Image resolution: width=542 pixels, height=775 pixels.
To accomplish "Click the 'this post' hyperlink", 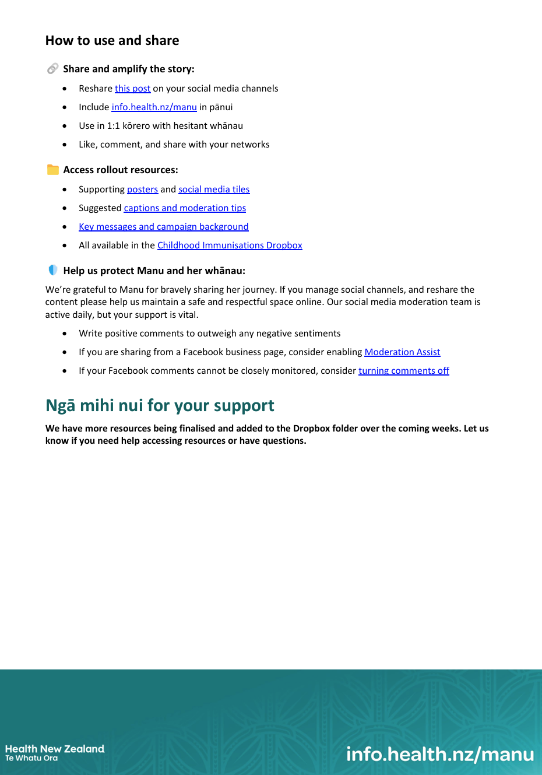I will coord(132,89).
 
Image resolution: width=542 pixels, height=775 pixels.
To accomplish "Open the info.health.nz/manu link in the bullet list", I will coord(154,107).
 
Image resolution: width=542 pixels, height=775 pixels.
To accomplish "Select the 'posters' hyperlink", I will coord(142,190).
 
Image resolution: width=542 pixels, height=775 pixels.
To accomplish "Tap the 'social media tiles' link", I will coord(214,190).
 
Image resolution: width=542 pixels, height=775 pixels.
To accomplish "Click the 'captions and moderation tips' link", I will coord(185,208).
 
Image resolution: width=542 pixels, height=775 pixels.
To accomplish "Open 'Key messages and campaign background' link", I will coord(163,227).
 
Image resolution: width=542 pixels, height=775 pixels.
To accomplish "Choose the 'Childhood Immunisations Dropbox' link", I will coord(230,246).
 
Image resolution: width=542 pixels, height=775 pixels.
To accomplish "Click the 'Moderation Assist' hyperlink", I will coord(402,352).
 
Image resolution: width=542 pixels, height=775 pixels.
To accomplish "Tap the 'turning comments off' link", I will coord(403,371).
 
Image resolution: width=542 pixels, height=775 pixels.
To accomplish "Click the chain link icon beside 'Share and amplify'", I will coord(52,69).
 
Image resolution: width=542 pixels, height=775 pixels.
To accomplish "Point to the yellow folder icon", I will coord(53,170).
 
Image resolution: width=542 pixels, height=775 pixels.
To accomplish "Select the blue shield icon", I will coord(53,270).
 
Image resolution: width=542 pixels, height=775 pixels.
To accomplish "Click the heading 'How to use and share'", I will coord(112,41).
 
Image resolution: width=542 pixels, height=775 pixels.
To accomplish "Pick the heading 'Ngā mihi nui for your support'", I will coord(160,405).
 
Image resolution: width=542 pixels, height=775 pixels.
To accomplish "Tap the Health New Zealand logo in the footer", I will coord(55,752).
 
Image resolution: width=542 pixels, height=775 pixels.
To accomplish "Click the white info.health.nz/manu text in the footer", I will coord(440,755).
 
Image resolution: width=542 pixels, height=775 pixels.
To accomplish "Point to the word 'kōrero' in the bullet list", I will coord(138,126).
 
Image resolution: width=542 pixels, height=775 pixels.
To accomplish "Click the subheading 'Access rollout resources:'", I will coord(121,170).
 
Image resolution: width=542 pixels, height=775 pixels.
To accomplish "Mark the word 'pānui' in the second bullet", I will coord(221,107).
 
